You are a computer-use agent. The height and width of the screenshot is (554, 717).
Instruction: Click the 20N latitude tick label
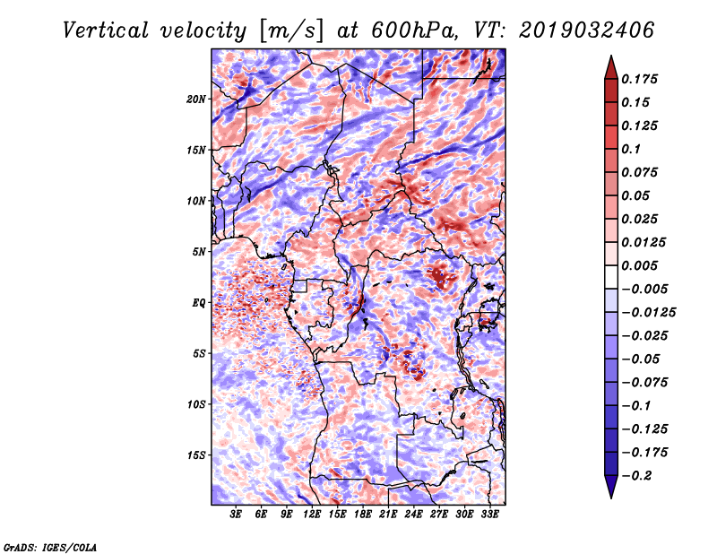(196, 99)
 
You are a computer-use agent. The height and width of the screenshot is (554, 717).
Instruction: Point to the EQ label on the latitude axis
(199, 303)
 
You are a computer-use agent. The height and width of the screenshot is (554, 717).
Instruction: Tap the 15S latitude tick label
(196, 455)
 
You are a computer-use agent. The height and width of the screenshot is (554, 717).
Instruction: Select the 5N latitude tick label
(199, 252)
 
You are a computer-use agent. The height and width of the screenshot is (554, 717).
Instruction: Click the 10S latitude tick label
(196, 404)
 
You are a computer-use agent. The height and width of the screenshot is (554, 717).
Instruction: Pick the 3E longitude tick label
(237, 515)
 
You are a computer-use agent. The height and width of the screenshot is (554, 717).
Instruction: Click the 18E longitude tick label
(363, 515)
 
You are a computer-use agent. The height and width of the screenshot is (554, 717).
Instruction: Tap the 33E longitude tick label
(489, 515)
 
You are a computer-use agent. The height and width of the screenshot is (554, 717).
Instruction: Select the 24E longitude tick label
(414, 515)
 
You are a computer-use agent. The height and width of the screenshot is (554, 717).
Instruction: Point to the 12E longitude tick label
(313, 515)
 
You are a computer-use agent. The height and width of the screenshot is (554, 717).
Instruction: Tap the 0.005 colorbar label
(643, 265)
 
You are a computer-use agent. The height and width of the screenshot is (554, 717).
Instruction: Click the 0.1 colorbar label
(635, 149)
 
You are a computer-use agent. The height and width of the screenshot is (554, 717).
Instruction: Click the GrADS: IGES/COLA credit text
(49, 546)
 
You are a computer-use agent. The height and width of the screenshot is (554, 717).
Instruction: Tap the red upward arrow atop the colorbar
(610, 65)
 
